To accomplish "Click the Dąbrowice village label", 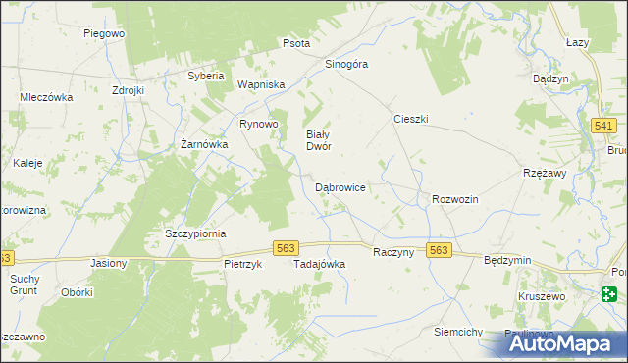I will (x=340, y=186).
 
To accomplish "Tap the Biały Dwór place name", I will (x=318, y=140).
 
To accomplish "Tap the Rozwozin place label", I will (x=454, y=199).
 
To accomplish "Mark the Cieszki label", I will (x=411, y=118).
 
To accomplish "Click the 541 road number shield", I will (x=604, y=126).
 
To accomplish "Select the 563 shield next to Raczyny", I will (x=439, y=251).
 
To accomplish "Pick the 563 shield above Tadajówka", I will (x=286, y=249).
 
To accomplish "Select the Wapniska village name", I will (x=260, y=84).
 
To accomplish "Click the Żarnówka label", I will (x=204, y=144).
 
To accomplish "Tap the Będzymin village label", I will (x=507, y=260).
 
